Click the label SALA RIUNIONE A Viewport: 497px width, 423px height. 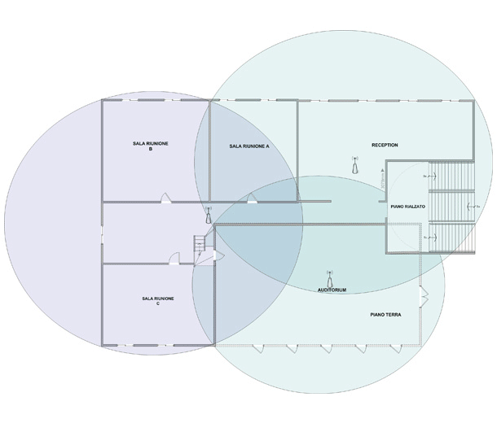click(249, 146)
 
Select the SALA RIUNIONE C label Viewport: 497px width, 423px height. click(157, 301)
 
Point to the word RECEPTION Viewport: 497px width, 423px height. click(385, 145)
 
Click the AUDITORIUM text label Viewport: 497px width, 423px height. click(332, 290)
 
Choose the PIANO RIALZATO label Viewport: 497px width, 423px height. click(407, 208)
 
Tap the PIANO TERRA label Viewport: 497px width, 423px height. click(385, 313)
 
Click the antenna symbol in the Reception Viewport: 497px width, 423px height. click(354, 165)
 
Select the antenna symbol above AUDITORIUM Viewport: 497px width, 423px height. click(329, 277)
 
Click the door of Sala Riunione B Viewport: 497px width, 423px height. click(165, 197)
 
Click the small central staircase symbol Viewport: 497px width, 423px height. click(197, 245)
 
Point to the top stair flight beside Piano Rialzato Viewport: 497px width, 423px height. click(450, 175)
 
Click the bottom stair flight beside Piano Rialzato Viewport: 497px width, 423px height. click(450, 237)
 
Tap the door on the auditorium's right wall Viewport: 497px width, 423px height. click(421, 297)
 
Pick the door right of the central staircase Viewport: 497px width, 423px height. click(209, 256)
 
